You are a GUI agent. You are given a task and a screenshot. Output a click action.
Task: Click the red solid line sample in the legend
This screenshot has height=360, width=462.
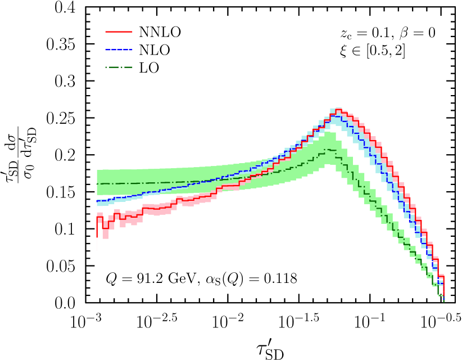coord(119,31)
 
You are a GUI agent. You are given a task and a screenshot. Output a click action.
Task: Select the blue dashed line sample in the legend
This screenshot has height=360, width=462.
coord(119,49)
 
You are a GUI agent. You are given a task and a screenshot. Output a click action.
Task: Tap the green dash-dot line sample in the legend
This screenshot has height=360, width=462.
coord(119,67)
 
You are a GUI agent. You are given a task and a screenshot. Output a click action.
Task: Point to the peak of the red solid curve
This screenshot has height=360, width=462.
coord(338,109)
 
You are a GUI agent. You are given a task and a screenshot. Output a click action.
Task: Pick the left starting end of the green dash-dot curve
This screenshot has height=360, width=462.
coord(97,183)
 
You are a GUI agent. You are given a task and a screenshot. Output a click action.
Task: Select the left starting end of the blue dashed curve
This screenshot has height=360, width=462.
coord(97,201)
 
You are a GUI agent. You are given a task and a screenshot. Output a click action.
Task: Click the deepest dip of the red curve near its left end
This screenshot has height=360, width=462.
coord(105,228)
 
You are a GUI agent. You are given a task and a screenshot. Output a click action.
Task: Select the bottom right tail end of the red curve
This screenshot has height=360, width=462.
coord(443,295)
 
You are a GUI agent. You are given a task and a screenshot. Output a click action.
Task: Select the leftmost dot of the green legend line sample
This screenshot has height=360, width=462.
coord(106,67)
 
